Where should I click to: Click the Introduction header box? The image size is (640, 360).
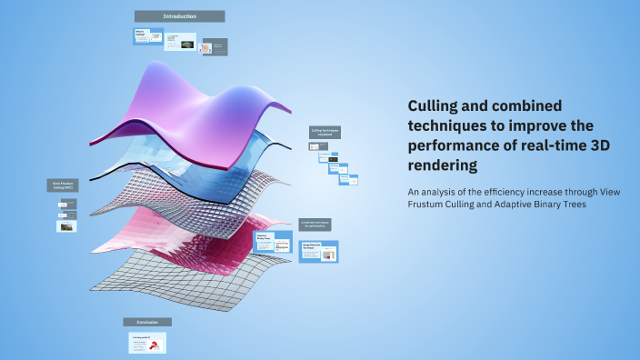[179, 16]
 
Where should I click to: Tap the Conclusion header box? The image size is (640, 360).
[147, 322]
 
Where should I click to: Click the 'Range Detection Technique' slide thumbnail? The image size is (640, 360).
[318, 251]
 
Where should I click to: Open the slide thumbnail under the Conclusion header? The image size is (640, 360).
[147, 343]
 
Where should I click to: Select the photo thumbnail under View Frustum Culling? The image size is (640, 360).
[65, 226]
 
